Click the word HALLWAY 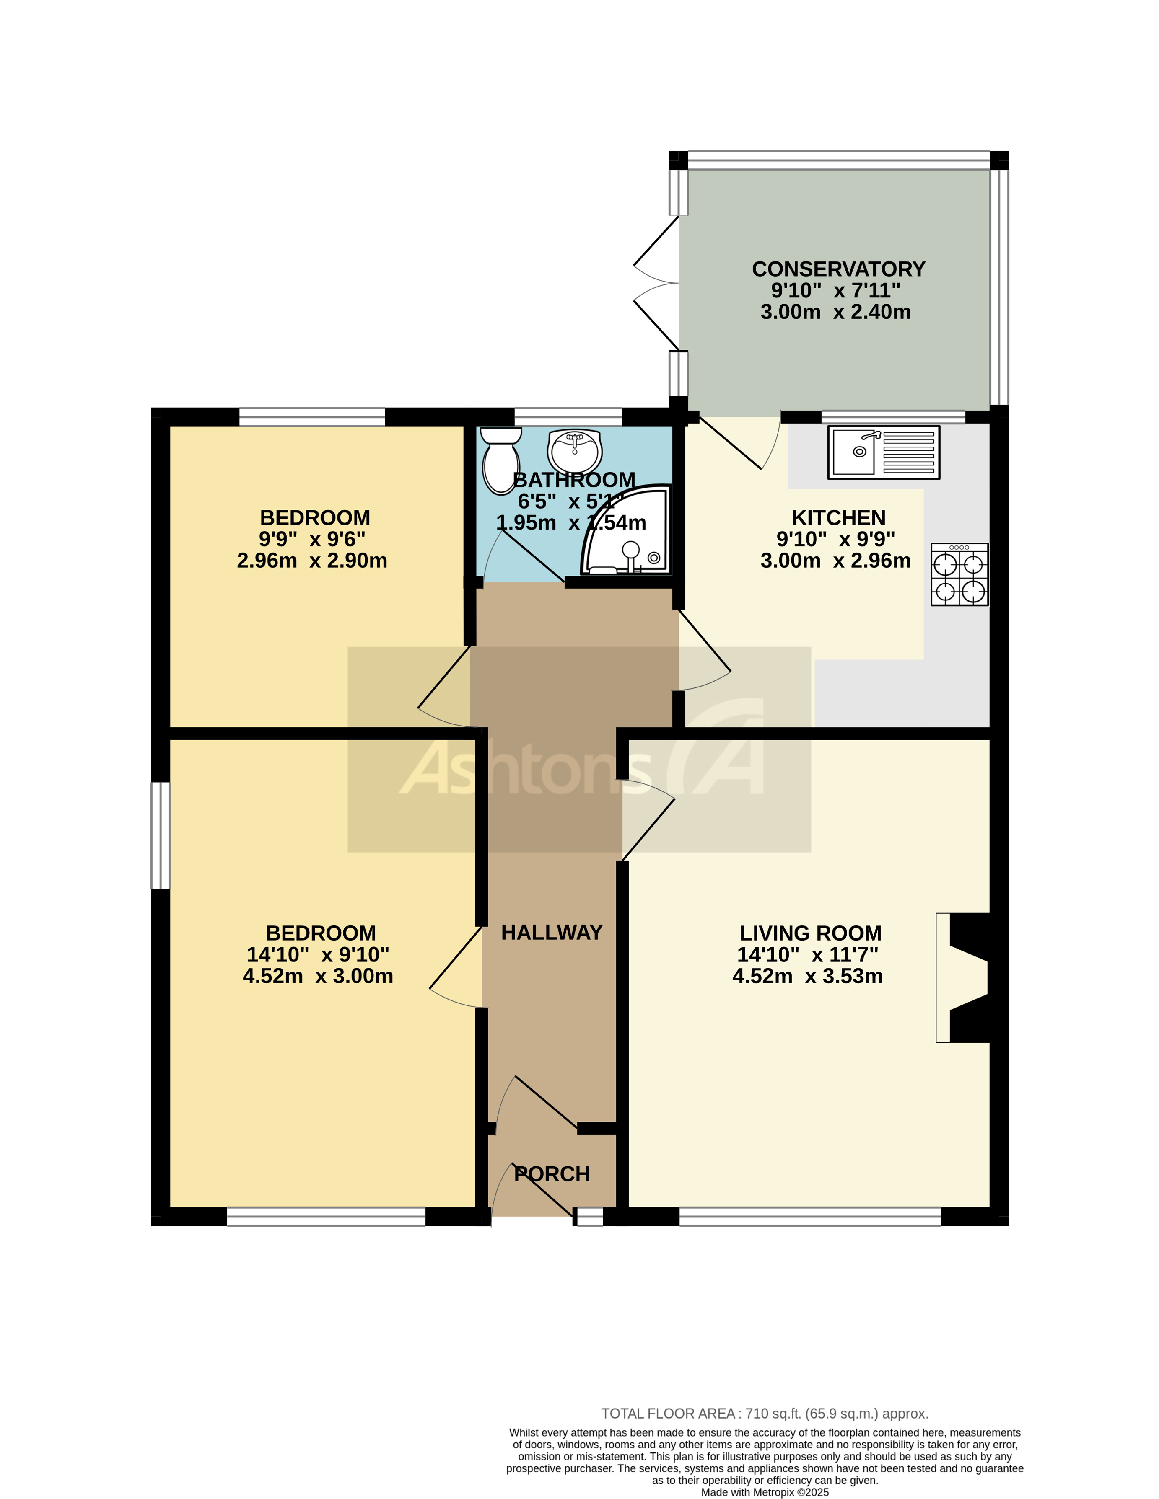551,932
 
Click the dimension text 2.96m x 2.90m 312,561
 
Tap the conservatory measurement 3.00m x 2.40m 835,312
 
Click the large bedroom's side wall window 160,835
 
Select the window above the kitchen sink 892,416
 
